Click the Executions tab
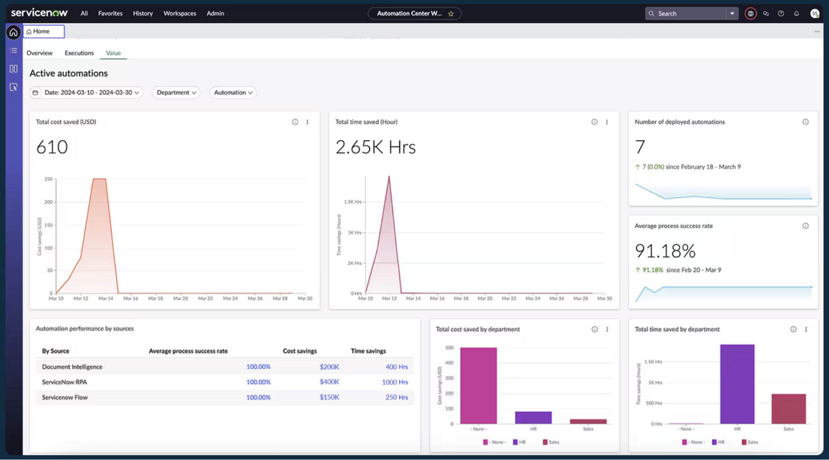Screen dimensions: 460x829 pos(79,53)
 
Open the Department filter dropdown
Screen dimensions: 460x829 pos(176,92)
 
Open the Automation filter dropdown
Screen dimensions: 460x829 pos(233,92)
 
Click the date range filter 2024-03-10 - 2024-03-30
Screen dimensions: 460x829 pos(86,92)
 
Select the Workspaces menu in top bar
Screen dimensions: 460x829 pos(180,13)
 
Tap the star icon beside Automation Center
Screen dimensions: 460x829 pos(451,14)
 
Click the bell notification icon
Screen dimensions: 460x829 pos(796,13)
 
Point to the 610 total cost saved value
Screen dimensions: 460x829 pos(52,147)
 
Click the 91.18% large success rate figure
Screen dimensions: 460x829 pos(665,251)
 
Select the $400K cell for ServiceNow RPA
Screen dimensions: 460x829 pos(329,382)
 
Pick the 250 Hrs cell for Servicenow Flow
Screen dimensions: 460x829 pos(396,397)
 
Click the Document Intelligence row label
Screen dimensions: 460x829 pos(72,367)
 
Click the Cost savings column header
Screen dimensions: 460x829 pos(299,351)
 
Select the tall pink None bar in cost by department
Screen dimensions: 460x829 pos(478,385)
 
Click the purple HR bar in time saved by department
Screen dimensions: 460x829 pos(737,384)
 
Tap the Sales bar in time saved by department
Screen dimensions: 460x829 pos(788,409)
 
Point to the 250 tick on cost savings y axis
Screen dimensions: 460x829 pos(49,179)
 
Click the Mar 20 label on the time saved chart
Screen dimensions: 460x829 pos(484,298)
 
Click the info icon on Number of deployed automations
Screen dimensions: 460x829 pos(805,122)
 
